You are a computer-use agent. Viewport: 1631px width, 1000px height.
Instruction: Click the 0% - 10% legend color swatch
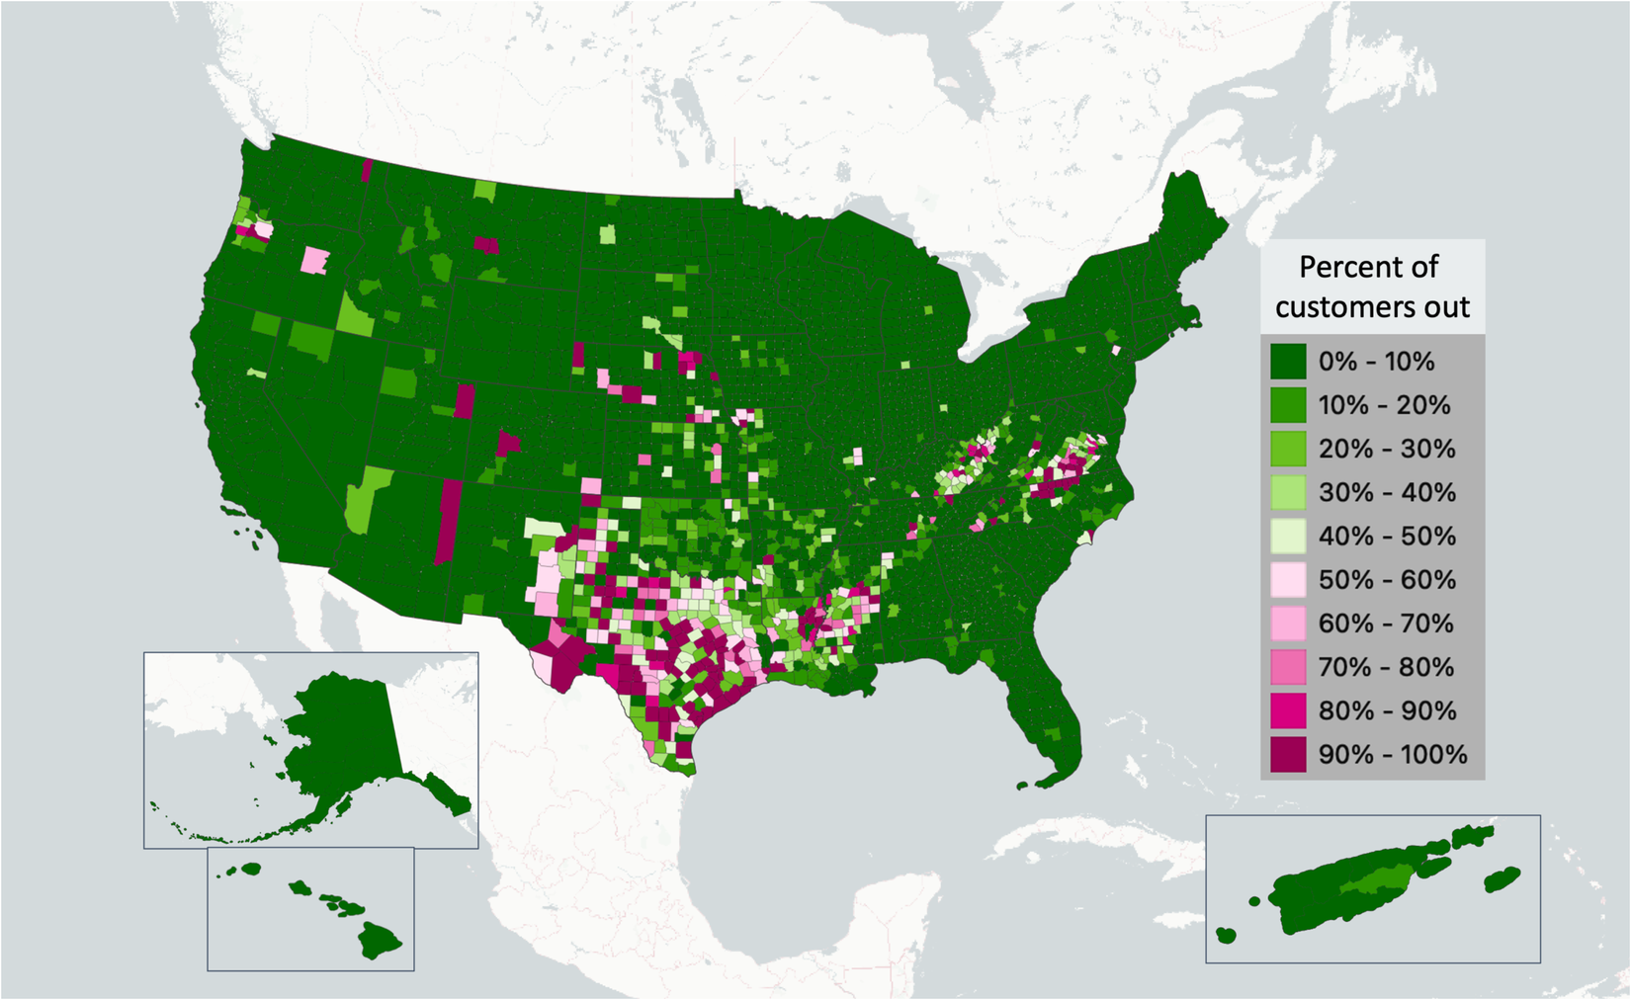click(x=1288, y=362)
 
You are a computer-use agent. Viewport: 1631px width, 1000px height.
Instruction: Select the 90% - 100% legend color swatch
click(x=1288, y=754)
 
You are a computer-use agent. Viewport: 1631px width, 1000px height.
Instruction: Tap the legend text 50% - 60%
click(x=1386, y=580)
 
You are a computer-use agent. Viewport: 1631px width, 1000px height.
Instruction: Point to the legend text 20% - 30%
click(x=1386, y=449)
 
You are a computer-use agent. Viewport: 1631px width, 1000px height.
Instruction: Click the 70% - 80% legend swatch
click(x=1288, y=667)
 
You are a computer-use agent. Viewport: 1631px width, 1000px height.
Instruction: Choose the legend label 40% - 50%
click(x=1386, y=537)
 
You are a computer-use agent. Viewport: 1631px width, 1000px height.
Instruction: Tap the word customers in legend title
click(x=1345, y=307)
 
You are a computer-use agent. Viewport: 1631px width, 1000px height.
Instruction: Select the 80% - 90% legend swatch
click(x=1288, y=710)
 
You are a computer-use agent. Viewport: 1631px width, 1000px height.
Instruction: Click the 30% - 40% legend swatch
click(x=1288, y=492)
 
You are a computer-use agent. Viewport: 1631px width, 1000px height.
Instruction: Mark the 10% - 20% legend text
click(x=1384, y=405)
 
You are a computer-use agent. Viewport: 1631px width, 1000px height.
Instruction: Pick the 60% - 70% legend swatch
click(x=1288, y=624)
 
